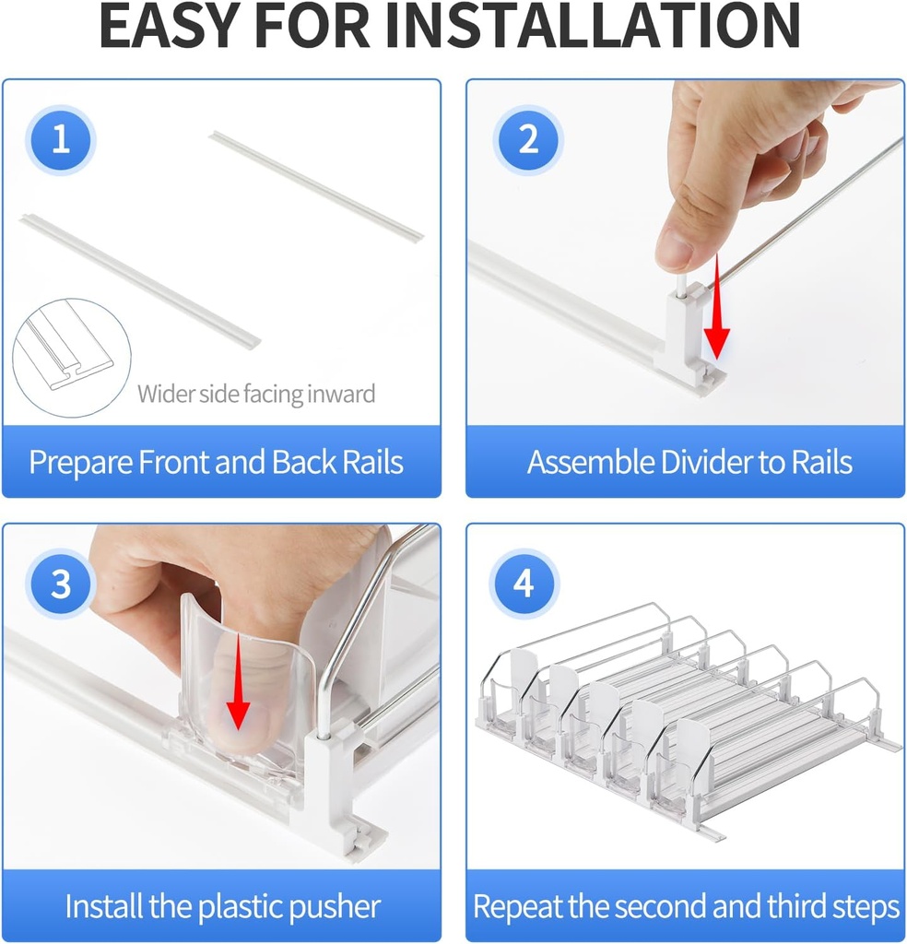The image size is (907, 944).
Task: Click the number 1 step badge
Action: click(x=61, y=140)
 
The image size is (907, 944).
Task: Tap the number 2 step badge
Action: click(x=528, y=140)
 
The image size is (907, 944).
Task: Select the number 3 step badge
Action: click(x=61, y=584)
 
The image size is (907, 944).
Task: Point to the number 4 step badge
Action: click(x=524, y=583)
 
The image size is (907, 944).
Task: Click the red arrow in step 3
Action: click(x=239, y=681)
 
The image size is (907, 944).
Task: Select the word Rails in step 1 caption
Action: click(x=372, y=463)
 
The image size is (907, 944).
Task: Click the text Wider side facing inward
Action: click(x=256, y=395)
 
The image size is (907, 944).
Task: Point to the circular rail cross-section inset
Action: click(x=72, y=358)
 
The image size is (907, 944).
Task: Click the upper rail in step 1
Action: click(x=316, y=184)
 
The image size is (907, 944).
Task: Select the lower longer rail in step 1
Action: click(x=140, y=280)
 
